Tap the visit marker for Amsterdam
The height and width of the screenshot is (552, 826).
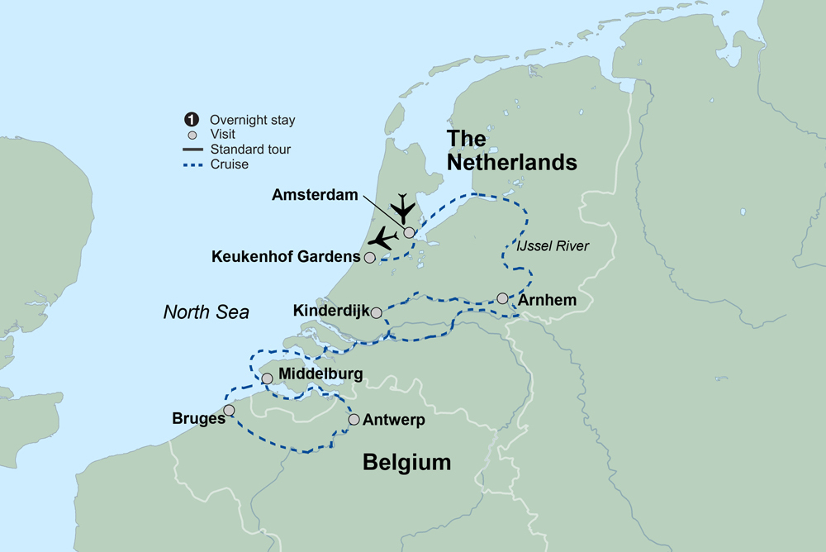click(409, 232)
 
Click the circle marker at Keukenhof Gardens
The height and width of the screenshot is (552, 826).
click(370, 258)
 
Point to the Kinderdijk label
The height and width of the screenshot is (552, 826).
click(330, 312)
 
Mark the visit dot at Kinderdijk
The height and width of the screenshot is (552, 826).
click(377, 312)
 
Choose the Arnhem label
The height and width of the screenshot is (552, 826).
click(547, 299)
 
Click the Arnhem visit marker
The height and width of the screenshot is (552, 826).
click(502, 298)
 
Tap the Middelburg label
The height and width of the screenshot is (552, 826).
click(320, 375)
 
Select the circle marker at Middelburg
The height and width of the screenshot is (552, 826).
click(267, 378)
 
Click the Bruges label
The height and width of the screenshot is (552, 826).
click(199, 418)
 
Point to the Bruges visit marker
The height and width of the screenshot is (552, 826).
click(229, 410)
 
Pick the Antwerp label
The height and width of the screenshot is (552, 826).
click(393, 421)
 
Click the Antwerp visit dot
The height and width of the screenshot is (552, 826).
click(354, 420)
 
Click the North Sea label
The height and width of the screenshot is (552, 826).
click(206, 312)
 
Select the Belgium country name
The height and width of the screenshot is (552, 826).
click(407, 463)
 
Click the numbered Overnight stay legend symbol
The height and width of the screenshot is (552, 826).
click(193, 120)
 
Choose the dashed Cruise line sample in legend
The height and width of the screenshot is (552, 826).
click(193, 164)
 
